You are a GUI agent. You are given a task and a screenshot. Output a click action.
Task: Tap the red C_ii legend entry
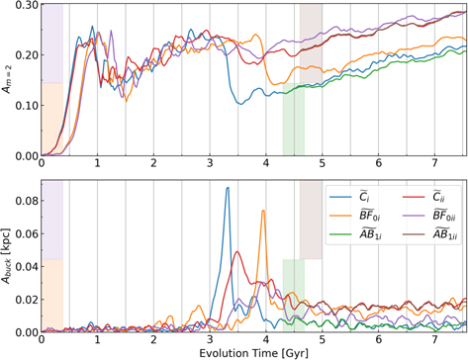[422, 197]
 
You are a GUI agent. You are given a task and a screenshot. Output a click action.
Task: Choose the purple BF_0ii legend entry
[422, 219]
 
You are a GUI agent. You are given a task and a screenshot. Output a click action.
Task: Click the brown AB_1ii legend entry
[422, 240]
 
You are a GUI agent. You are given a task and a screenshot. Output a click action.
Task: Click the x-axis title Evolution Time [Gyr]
[252, 352]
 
